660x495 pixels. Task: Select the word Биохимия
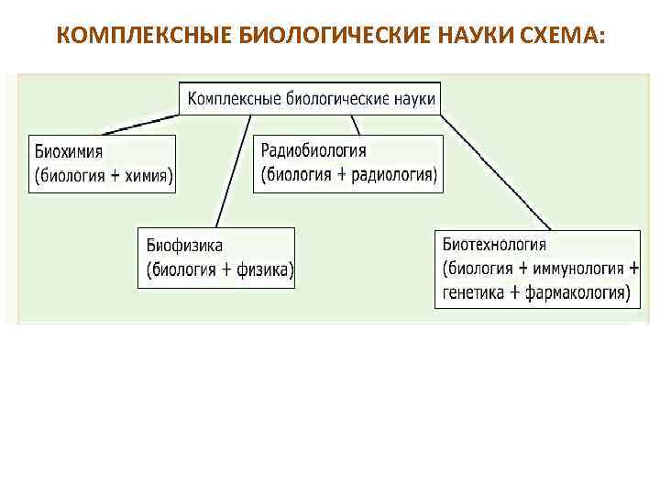click(x=68, y=151)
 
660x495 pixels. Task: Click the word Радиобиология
click(x=313, y=150)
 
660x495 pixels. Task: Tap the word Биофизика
click(x=183, y=245)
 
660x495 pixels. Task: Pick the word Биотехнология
click(x=494, y=245)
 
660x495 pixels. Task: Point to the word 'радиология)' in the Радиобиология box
click(x=398, y=174)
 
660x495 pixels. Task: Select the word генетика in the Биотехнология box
click(x=471, y=293)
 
